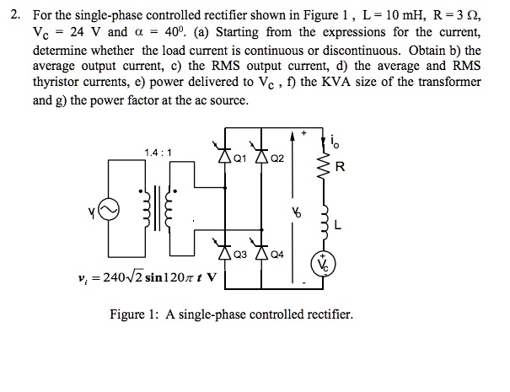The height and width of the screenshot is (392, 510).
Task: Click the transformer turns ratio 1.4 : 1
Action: pos(158,153)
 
